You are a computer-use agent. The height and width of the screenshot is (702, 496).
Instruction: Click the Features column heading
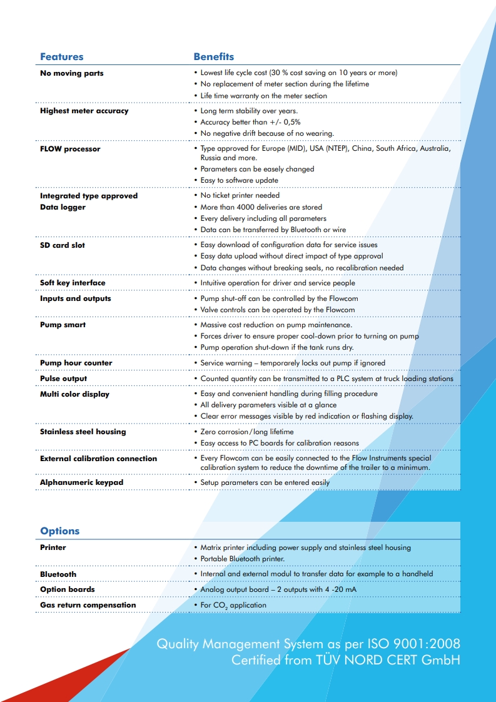coord(61,57)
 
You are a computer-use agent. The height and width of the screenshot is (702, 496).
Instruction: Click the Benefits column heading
coord(214,57)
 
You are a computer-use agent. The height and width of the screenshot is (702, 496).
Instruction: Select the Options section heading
coord(60,531)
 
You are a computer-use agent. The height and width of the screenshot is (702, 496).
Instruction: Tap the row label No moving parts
coord(72,73)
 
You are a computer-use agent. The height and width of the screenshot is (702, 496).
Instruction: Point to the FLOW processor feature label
coord(70,149)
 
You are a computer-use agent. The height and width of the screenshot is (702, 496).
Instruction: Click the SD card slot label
coord(63,245)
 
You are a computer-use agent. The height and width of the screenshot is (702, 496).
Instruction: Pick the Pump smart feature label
coord(63,325)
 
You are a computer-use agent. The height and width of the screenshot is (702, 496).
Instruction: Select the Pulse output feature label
coord(64,379)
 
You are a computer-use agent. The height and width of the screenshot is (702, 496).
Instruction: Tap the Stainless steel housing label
coord(83,432)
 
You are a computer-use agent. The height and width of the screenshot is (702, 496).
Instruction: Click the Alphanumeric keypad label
coord(82,482)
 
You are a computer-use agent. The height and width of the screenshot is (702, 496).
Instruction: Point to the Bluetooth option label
coord(58,574)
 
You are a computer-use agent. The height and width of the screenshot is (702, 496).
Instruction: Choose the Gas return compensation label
coord(88,605)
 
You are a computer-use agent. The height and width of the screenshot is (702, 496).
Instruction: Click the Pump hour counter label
coord(76,363)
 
